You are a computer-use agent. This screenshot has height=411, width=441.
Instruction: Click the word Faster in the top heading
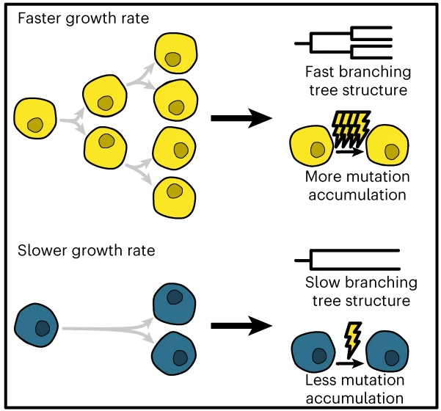tap(40, 18)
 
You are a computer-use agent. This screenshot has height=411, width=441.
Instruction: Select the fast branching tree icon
tap(343, 43)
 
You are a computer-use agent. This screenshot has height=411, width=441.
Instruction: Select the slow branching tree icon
tap(347, 260)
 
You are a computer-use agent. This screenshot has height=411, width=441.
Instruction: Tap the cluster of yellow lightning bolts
tap(351, 129)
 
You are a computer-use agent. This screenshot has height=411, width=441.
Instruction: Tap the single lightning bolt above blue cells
tap(353, 340)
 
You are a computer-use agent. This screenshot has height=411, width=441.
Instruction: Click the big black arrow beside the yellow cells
tap(241, 118)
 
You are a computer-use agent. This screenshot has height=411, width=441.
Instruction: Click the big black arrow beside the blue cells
tap(241, 326)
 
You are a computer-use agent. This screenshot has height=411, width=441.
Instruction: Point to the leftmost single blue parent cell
tap(36, 325)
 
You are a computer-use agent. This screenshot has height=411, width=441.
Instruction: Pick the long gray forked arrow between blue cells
tap(108, 329)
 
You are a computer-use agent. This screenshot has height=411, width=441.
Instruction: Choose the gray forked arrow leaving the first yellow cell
tap(73, 121)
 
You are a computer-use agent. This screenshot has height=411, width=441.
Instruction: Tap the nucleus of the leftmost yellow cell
tap(35, 125)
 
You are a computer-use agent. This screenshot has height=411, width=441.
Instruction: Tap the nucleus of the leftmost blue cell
tap(43, 328)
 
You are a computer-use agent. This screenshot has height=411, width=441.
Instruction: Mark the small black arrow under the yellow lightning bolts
tap(349, 152)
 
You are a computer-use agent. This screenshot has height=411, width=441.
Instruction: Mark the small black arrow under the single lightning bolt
tap(349, 363)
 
